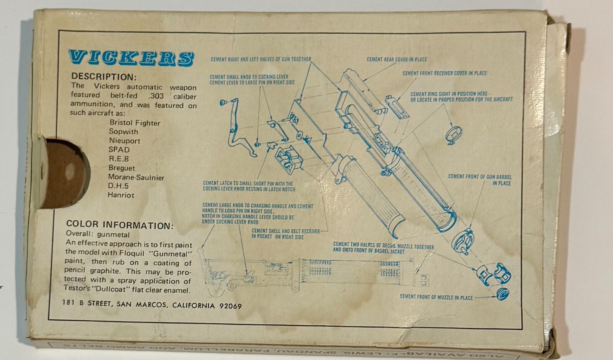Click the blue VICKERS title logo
tap(131, 58)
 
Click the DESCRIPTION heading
tap(104, 77)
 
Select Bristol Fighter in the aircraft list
tap(135, 123)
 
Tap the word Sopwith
tap(123, 132)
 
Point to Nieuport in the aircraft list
tap(125, 141)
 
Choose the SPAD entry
tap(119, 150)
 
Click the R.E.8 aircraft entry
tap(118, 159)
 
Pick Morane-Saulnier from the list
tap(136, 178)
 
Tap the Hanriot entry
tap(121, 195)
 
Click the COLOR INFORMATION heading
tap(120, 225)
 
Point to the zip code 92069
tap(230, 306)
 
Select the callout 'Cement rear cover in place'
tap(397, 59)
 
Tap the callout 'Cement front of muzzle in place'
tap(436, 297)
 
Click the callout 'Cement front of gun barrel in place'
tap(480, 180)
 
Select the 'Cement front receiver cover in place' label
tap(444, 73)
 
